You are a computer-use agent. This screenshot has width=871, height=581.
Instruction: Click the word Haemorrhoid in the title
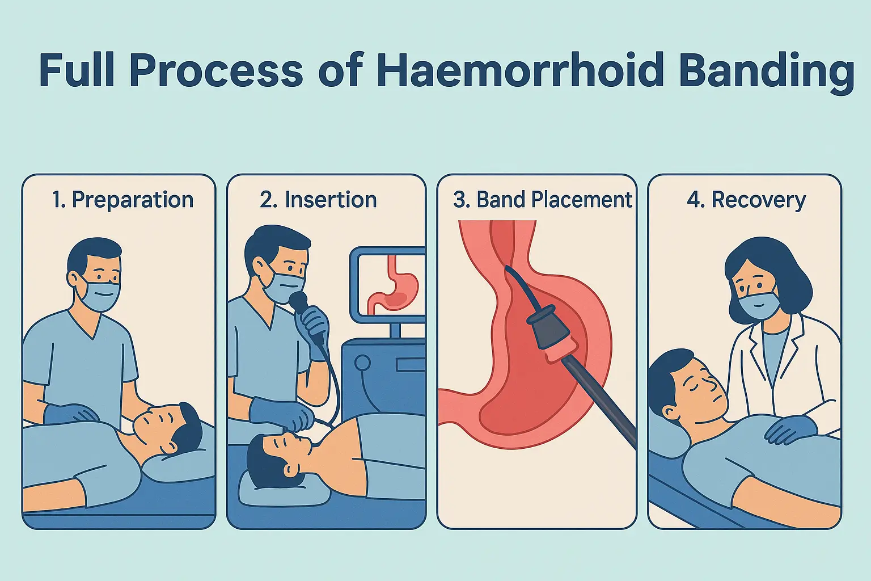519,71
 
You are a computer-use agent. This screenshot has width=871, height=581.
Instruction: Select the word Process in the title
215,72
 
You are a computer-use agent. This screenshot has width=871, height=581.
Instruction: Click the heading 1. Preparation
122,200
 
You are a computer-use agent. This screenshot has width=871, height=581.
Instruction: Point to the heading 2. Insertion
318,200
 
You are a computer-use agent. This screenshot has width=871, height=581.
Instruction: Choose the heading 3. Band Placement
543,200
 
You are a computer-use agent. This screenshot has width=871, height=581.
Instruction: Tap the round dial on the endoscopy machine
362,363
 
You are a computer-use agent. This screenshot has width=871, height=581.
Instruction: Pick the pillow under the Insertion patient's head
284,489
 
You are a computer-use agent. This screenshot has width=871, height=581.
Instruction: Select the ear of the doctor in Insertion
259,268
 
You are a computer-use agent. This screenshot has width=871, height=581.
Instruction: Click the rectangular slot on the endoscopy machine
411,365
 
